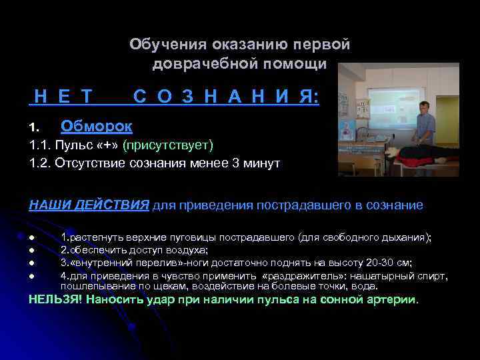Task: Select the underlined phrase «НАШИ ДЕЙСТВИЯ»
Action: click(x=89, y=205)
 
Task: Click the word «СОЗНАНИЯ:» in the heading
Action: click(x=226, y=97)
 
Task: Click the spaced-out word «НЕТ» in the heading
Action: click(x=64, y=97)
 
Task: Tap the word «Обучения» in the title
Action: click(x=168, y=45)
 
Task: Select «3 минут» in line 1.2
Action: click(x=259, y=163)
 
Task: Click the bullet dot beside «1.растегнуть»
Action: click(x=31, y=238)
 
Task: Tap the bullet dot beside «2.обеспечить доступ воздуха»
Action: click(x=31, y=251)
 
